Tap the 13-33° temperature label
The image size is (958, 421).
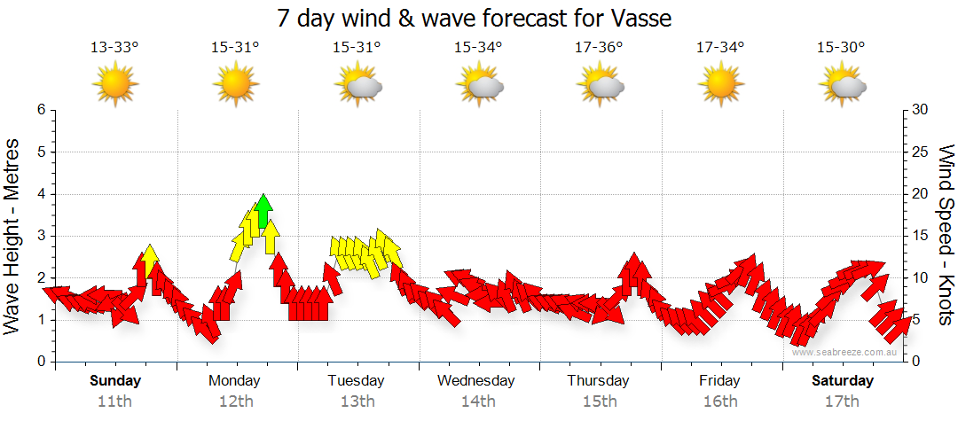(115, 47)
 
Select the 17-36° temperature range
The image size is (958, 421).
(599, 47)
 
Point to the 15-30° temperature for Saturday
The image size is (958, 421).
(841, 47)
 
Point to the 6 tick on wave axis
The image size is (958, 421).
(41, 110)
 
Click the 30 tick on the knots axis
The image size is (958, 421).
(921, 110)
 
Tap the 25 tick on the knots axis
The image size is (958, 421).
(921, 152)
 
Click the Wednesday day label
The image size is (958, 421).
(476, 381)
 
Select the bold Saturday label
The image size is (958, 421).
(843, 381)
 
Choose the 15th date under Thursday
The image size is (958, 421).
(599, 402)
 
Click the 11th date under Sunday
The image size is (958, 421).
(114, 402)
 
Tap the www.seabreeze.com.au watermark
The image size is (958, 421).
(845, 352)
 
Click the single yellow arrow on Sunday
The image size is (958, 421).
(150, 261)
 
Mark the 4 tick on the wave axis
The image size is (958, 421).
(41, 194)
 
